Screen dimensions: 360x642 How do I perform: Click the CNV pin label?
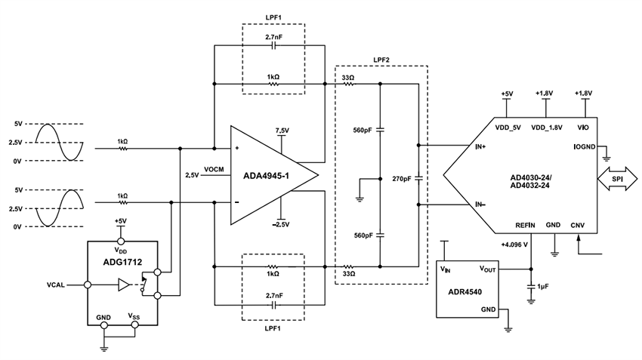(578, 224)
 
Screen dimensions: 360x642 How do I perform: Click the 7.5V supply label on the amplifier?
(282, 130)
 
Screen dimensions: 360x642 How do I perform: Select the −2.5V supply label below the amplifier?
(282, 224)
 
